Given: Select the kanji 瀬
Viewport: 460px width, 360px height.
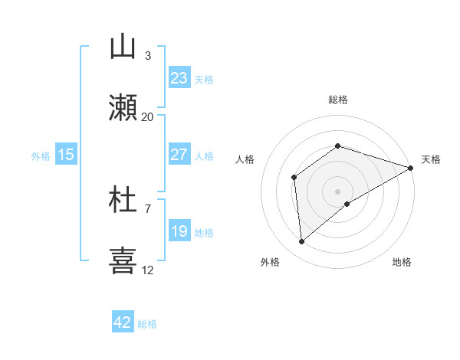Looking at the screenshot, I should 123,108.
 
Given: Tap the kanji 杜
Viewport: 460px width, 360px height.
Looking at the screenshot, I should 123,200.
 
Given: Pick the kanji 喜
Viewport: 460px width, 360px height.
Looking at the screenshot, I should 123,260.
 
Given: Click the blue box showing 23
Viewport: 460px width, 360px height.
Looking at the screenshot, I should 179,78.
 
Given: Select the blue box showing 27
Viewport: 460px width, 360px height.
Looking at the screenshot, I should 179,155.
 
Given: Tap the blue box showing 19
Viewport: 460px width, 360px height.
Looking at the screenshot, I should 179,231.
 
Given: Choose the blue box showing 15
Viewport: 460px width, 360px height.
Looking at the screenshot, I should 66,155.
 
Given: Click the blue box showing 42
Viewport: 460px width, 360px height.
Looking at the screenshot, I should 123,322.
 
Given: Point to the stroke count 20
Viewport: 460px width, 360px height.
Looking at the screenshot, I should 148,116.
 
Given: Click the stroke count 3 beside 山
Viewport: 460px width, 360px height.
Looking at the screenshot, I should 148,56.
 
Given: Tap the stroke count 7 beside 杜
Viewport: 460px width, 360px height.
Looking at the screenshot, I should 148,208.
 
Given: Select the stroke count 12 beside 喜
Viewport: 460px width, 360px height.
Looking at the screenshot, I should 148,270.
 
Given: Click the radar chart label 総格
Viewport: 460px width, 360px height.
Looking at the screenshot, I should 338,100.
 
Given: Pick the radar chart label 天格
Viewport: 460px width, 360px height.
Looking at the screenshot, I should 431,159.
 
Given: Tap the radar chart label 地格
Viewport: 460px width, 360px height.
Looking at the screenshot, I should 402,262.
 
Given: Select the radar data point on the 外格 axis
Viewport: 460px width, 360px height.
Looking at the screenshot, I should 302,242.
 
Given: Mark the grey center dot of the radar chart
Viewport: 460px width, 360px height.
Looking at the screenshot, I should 337,191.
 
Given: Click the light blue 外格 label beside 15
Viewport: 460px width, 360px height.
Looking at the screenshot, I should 41,155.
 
